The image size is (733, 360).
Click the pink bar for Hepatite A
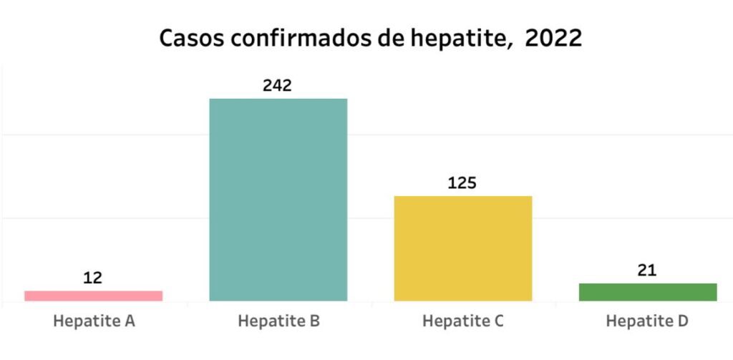93,296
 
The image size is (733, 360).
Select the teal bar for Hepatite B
278,200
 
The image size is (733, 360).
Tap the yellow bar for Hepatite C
462,248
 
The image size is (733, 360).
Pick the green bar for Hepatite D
648,292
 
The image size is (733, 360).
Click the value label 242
278,86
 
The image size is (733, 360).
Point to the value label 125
462,183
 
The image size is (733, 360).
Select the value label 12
93,278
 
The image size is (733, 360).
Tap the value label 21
647,271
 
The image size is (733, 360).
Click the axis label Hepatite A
94,321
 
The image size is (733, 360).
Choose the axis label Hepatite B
278,321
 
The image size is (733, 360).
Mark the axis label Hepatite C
463,321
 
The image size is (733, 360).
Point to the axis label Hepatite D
647,321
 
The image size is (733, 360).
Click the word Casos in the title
190,38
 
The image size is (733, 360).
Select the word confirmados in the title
296,38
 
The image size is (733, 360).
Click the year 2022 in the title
553,38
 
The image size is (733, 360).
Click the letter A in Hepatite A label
130,321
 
